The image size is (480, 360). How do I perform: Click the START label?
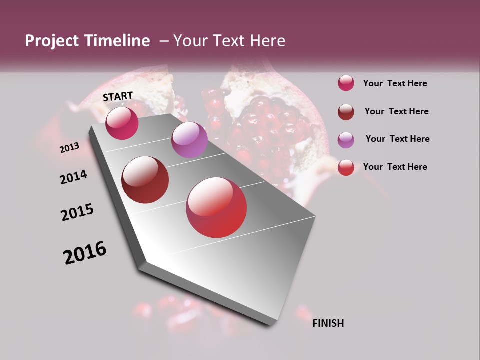118,96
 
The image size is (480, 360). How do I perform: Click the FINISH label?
328,323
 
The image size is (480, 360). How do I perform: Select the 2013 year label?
69,148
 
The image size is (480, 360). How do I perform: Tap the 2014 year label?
73,177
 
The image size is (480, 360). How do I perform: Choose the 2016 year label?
85,253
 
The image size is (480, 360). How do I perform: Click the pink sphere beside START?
122,123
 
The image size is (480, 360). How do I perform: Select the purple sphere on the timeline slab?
189,140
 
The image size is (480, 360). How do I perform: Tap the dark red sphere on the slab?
145,180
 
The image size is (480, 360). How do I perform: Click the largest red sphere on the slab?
216,207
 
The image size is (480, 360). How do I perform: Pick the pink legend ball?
346,83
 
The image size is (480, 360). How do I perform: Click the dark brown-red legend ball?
346,112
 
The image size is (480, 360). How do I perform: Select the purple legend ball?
346,140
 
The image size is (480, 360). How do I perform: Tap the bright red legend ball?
346,167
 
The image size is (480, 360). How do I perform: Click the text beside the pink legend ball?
395,83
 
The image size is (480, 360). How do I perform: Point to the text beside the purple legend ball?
397,139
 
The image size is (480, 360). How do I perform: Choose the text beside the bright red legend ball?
395,167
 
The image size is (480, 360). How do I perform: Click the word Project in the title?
52,41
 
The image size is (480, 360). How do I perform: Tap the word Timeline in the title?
117,41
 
